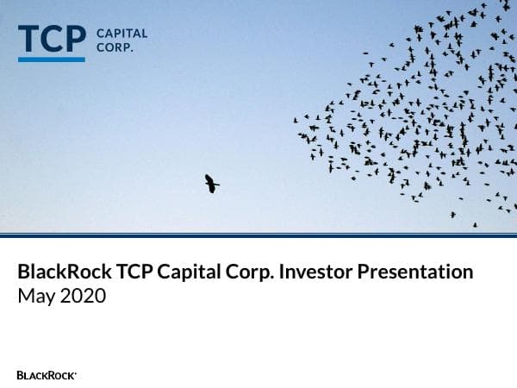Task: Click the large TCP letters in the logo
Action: point(52,39)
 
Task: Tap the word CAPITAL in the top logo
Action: point(121,34)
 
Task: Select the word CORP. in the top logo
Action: point(115,47)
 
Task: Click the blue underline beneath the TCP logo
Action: point(52,59)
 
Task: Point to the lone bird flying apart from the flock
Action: point(211,183)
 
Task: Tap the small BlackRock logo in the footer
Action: point(47,375)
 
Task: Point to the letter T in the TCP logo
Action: point(28,39)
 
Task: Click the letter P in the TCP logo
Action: point(76,39)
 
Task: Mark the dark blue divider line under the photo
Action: point(258,235)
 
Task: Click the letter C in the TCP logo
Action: point(52,39)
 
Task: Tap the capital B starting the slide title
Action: point(23,272)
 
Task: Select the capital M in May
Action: point(26,297)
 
